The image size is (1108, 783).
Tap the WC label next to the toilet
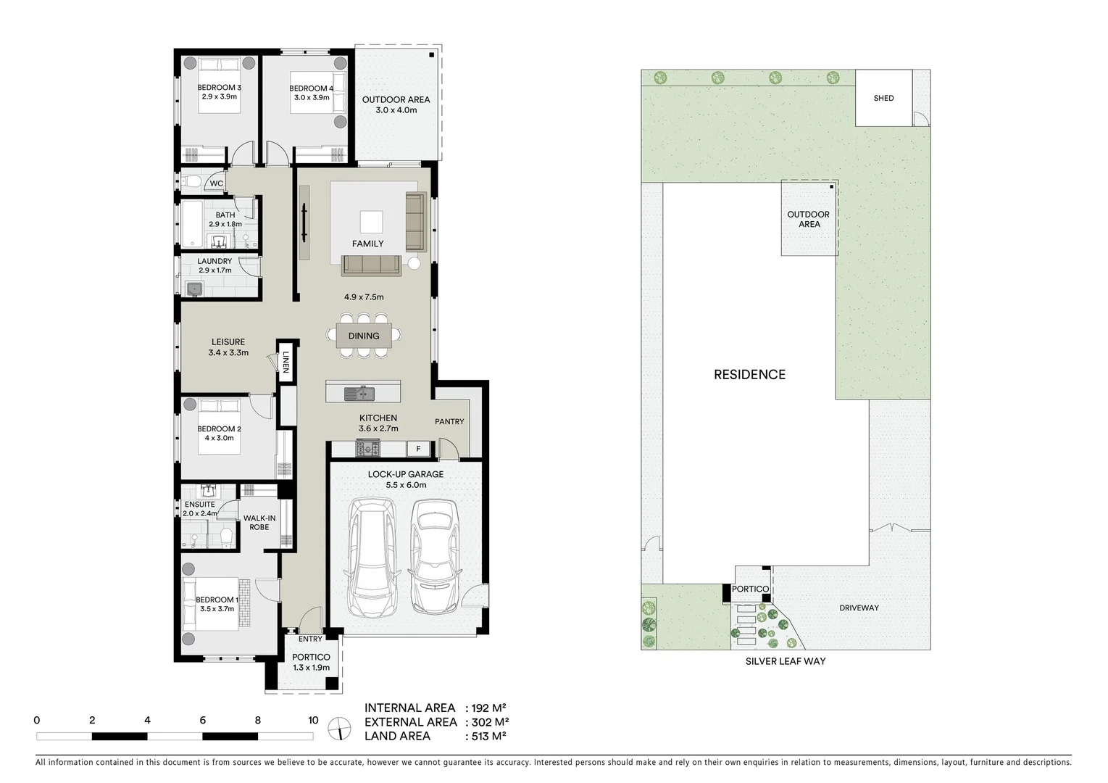(x=217, y=183)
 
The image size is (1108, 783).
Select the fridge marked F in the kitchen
(x=418, y=449)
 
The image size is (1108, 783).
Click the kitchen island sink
(x=359, y=394)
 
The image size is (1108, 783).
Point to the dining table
(x=364, y=336)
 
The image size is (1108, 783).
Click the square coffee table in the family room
(x=372, y=221)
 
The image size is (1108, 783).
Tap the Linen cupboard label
(x=286, y=361)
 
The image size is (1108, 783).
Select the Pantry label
(x=449, y=421)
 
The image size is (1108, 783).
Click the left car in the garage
(x=372, y=556)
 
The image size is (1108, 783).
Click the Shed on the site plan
(x=883, y=98)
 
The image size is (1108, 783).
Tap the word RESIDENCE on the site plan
(x=749, y=375)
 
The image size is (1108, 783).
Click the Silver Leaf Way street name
(x=786, y=661)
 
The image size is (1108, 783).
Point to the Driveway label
(x=859, y=608)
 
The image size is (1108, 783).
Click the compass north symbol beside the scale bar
(x=338, y=727)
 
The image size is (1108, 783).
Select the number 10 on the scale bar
(x=313, y=720)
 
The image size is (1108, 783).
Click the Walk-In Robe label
(x=259, y=523)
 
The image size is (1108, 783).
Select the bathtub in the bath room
(x=191, y=225)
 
